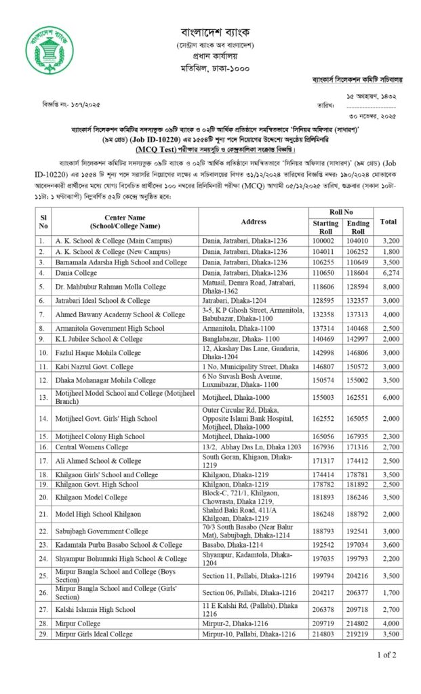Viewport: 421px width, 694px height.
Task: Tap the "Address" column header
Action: coord(252,222)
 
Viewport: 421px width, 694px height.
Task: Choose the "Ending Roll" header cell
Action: coord(359,227)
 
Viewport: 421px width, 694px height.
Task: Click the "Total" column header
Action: coord(389,222)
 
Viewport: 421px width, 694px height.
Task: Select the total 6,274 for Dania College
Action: coord(389,271)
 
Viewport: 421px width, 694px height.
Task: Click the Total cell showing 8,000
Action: coord(389,286)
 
